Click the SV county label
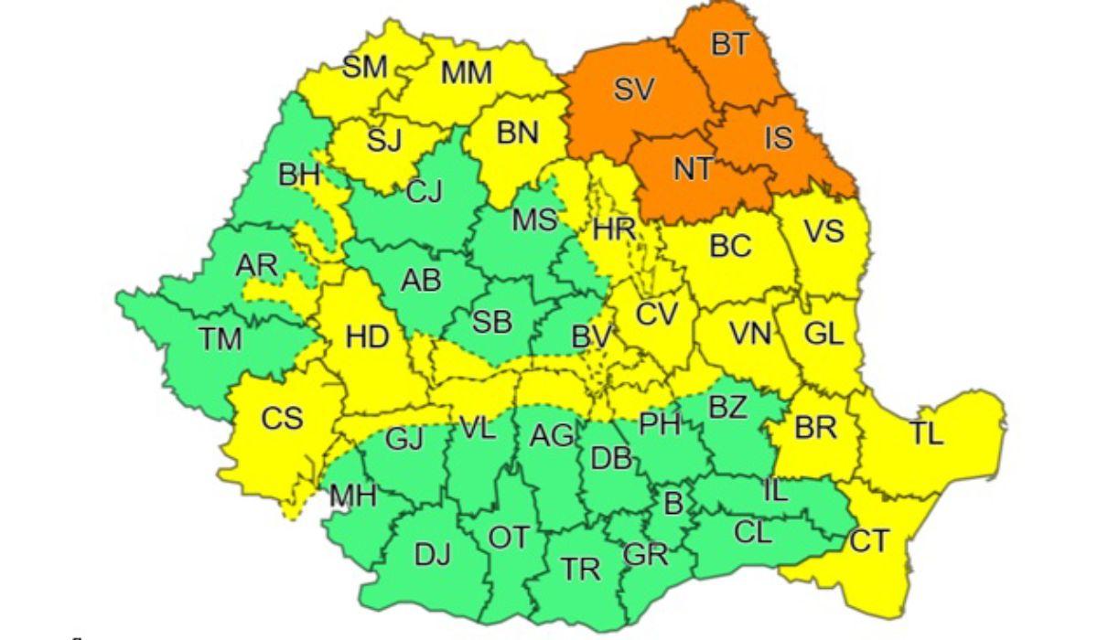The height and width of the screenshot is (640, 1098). coord(635,89)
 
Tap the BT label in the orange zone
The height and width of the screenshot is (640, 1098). coord(729,43)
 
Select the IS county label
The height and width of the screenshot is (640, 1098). coord(779,139)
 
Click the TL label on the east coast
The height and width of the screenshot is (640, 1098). coord(925,434)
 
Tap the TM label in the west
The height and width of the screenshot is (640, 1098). coord(221,339)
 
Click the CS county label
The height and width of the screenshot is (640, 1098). coord(281,419)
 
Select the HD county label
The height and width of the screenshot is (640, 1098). coord(367,337)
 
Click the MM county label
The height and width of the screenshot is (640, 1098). coord(467,72)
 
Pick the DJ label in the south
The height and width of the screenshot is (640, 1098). coord(432,554)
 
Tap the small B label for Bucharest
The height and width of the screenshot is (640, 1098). coord(673,501)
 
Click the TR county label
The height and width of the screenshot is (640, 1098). coord(580,570)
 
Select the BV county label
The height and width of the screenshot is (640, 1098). coord(591,336)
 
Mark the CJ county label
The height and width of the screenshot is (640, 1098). coord(424,191)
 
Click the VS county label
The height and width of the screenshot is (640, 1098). coord(823,231)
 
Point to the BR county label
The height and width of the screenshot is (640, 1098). coord(815,428)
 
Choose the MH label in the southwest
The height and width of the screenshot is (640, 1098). coord(353,496)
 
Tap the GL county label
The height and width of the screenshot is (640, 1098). coord(823,334)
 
